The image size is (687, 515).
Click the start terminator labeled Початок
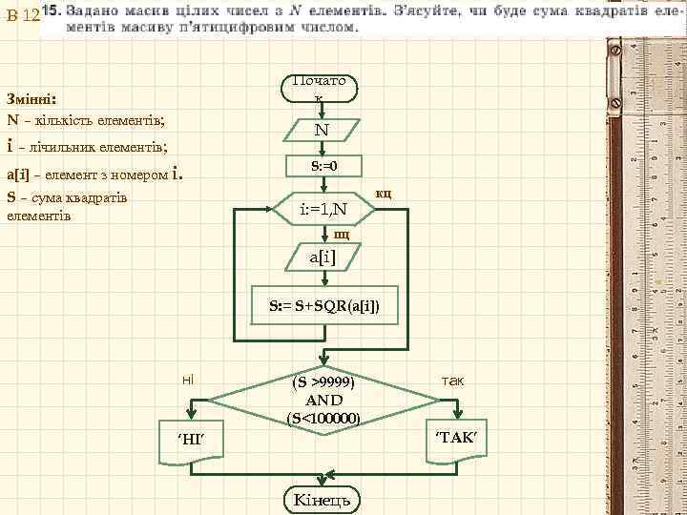(321, 88)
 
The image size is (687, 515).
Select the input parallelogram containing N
(321, 130)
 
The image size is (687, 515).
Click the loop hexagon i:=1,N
(323, 208)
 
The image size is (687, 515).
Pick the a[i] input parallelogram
(323, 257)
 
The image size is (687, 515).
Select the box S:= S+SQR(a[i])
(323, 307)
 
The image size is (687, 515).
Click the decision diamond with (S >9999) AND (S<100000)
(323, 399)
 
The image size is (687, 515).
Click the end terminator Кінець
(322, 500)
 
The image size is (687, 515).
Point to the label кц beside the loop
(384, 194)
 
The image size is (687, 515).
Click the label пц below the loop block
(342, 233)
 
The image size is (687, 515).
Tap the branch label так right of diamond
(452, 380)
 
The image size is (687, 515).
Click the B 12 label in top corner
(21, 16)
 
